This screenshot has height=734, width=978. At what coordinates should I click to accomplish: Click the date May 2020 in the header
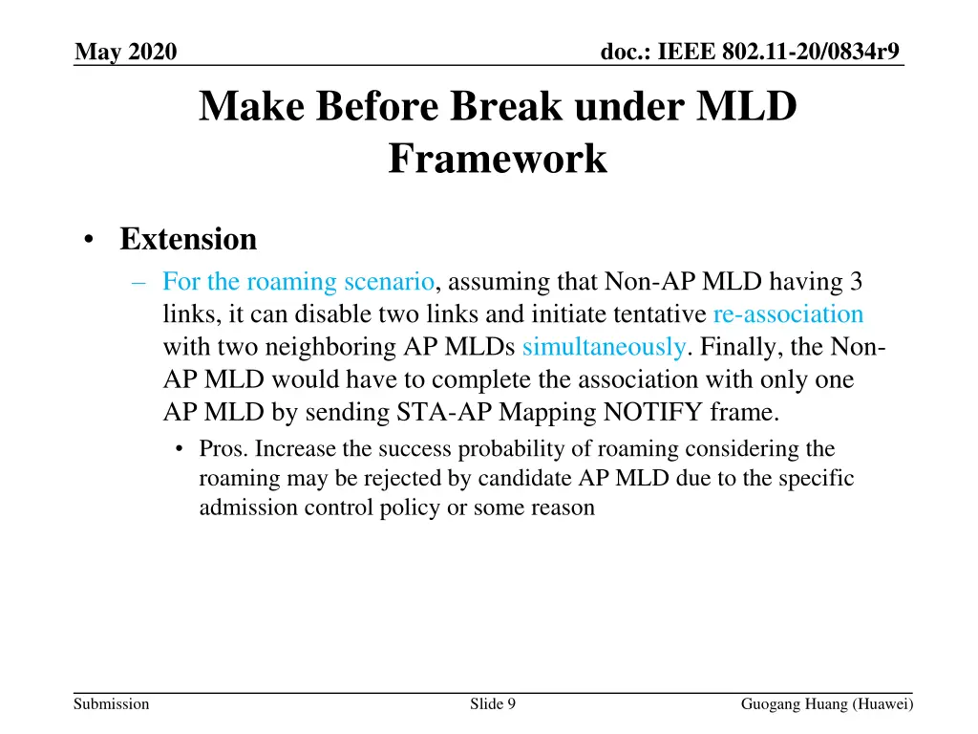(x=125, y=51)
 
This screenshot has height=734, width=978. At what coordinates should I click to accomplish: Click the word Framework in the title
(x=498, y=158)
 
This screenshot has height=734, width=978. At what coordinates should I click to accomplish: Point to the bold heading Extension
(x=188, y=239)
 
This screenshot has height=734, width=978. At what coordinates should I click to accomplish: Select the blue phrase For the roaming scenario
(x=299, y=282)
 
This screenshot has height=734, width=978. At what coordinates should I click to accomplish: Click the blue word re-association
(x=788, y=314)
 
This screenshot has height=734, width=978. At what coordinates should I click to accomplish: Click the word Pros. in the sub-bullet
(x=224, y=448)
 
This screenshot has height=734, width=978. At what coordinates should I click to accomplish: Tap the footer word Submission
(x=112, y=704)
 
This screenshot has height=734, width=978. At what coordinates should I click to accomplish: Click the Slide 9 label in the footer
(x=493, y=704)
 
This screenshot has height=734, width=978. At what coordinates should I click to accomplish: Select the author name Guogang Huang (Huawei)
(x=827, y=704)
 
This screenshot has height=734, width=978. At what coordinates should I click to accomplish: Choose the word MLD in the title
(x=750, y=107)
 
